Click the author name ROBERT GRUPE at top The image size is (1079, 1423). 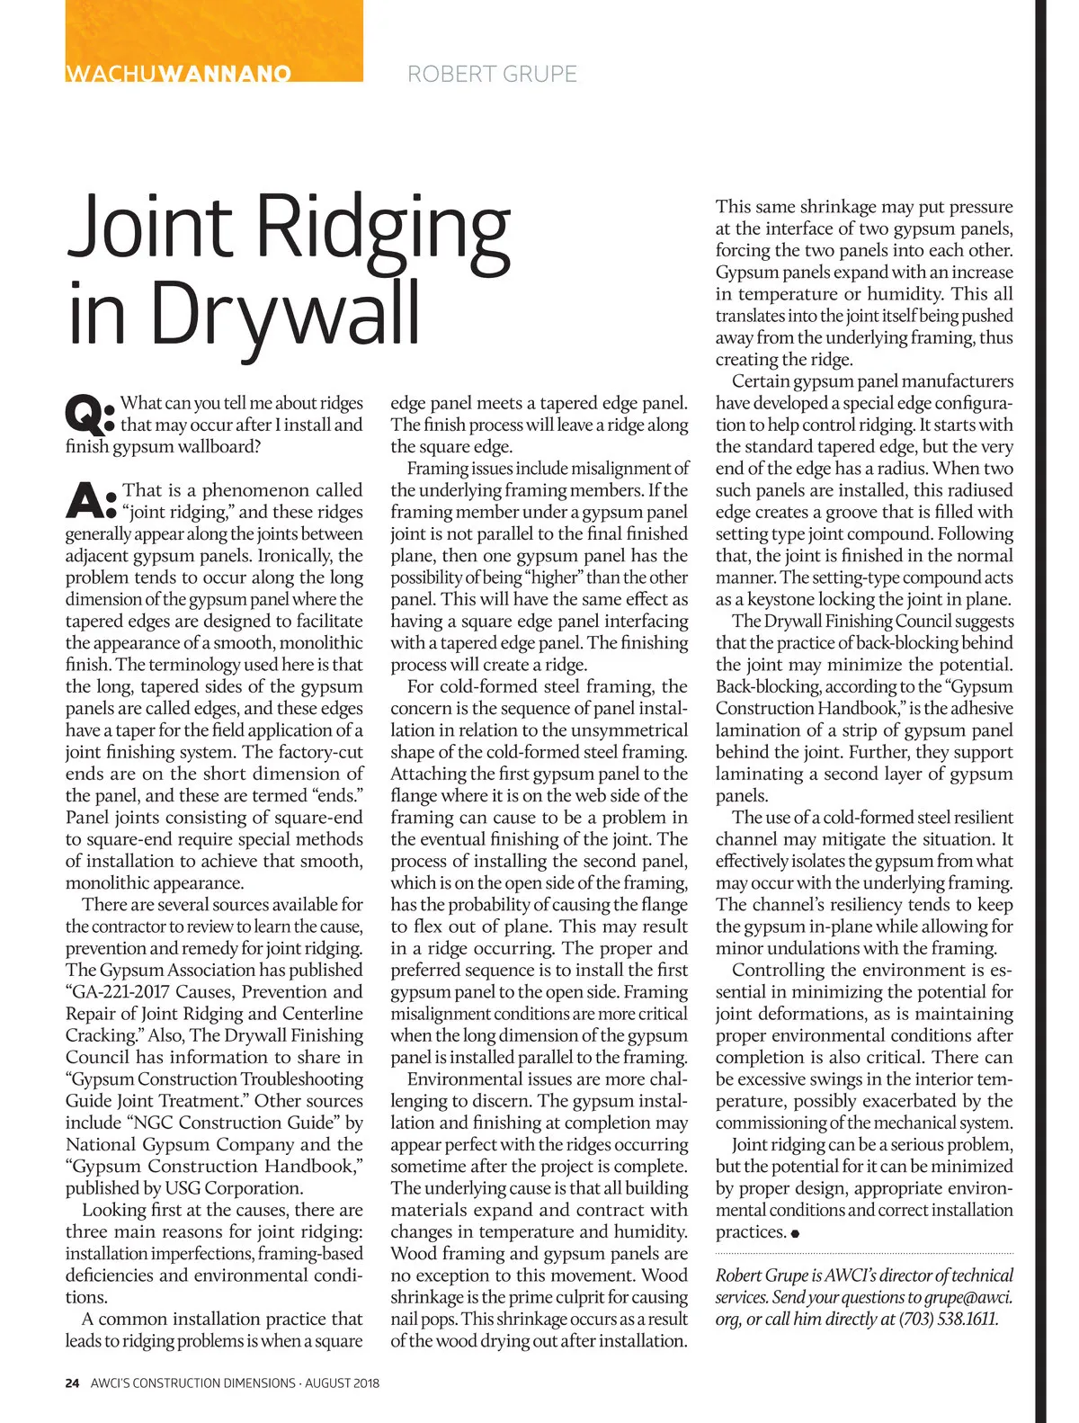click(x=492, y=74)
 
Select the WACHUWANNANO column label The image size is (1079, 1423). click(x=178, y=74)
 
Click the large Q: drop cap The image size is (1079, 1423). click(x=90, y=413)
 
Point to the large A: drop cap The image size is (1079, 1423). click(x=91, y=500)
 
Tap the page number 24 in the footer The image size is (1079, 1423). click(x=73, y=1383)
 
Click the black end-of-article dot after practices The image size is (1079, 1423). click(x=796, y=1233)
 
